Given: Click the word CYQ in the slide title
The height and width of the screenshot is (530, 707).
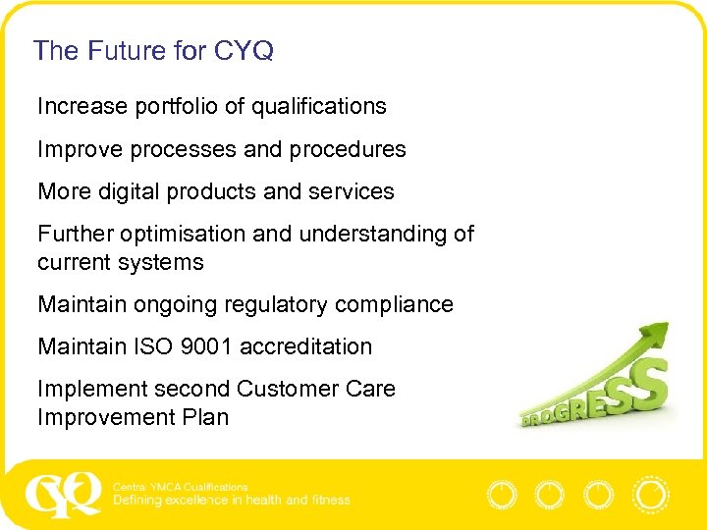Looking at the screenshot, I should click(245, 51).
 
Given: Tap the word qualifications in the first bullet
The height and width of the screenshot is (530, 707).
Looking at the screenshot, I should click(319, 106).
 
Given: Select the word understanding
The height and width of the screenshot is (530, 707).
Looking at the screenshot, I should click(374, 234).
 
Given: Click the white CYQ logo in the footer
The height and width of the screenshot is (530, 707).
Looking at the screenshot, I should click(63, 494).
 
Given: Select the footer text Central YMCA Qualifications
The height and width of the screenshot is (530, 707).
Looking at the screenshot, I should click(181, 487).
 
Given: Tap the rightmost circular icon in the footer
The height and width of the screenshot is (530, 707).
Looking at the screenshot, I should click(649, 495).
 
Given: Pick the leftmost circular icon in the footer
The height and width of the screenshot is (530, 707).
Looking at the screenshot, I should click(502, 495).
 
